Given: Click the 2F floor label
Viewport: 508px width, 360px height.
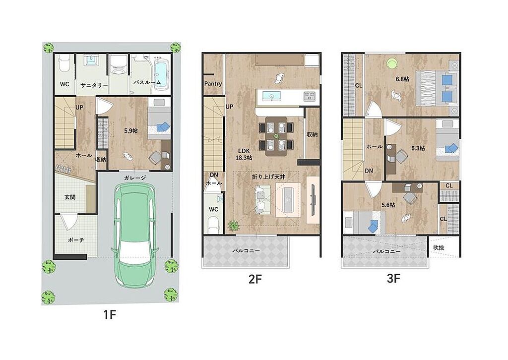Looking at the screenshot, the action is pos(255,279).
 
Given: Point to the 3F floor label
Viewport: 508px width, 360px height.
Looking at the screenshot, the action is pos(393,278).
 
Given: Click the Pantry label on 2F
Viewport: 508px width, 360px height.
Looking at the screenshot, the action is pos(213,83).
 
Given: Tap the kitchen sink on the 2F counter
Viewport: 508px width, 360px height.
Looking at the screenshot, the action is pos(270,96).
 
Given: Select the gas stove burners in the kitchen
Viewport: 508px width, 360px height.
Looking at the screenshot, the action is pos(309,96).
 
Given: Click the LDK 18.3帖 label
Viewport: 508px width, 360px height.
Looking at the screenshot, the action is pos(244,154).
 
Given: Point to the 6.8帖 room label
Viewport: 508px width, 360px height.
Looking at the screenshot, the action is pos(402,79).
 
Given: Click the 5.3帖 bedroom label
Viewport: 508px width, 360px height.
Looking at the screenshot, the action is pos(418,148).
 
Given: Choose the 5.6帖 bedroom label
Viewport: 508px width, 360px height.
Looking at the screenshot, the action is pos(388,205).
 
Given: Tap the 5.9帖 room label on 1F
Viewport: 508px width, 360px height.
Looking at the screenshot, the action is pos(131,131).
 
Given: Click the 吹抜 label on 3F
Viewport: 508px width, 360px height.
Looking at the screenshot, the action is pos(439,247).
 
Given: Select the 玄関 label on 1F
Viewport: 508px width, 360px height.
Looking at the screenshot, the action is pos(70,196).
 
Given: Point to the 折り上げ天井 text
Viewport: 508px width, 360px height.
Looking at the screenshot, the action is pos(268,177).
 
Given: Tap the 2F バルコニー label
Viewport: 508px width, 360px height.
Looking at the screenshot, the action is pos(246,250).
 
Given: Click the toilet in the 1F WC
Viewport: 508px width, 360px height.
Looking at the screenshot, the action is pos(64,65).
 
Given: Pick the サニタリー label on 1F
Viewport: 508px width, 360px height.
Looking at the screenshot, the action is pos(94,85).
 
